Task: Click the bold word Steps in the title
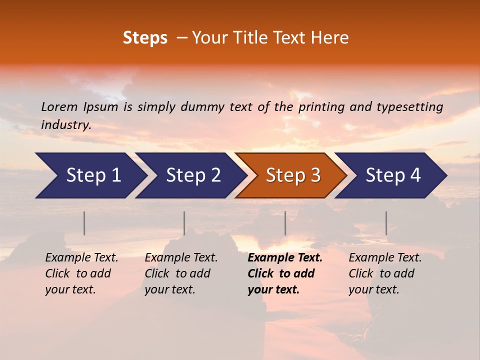point(145,38)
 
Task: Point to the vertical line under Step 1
point(84,223)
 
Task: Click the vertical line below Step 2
point(184,223)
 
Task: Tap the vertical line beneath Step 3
point(285,223)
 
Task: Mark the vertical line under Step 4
point(386,223)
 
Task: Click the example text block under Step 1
point(81,273)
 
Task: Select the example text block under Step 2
point(181,273)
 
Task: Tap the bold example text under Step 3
point(284,273)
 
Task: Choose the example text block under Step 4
point(385,273)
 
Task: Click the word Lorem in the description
point(59,106)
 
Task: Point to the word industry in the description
point(65,125)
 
